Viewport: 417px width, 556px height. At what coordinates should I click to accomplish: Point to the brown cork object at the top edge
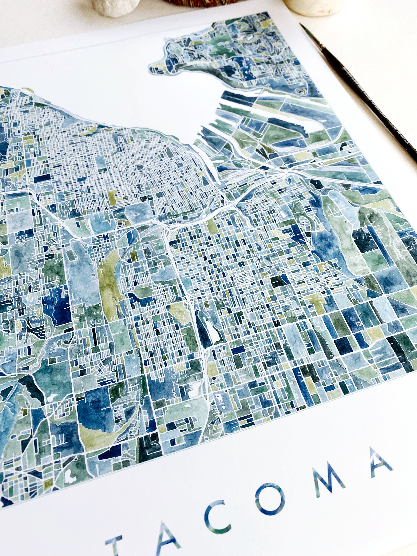[x=199, y=2]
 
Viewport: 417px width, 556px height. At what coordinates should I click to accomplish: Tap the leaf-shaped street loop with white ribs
[x=305, y=224]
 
